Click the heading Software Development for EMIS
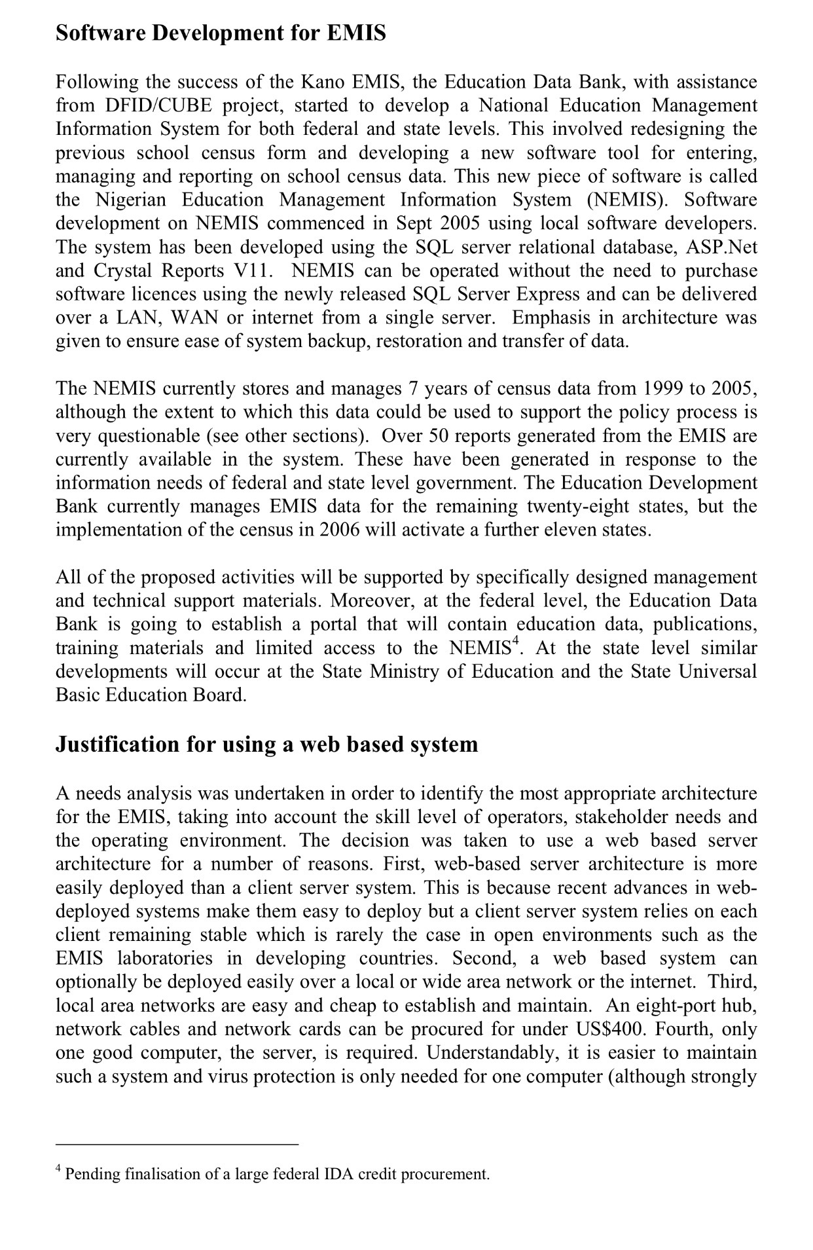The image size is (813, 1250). coord(221,33)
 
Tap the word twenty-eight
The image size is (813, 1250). coord(575,506)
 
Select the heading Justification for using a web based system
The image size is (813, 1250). coord(266,744)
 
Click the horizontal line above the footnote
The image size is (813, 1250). coord(177,1145)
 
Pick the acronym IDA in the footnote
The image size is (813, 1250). coord(338,1174)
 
